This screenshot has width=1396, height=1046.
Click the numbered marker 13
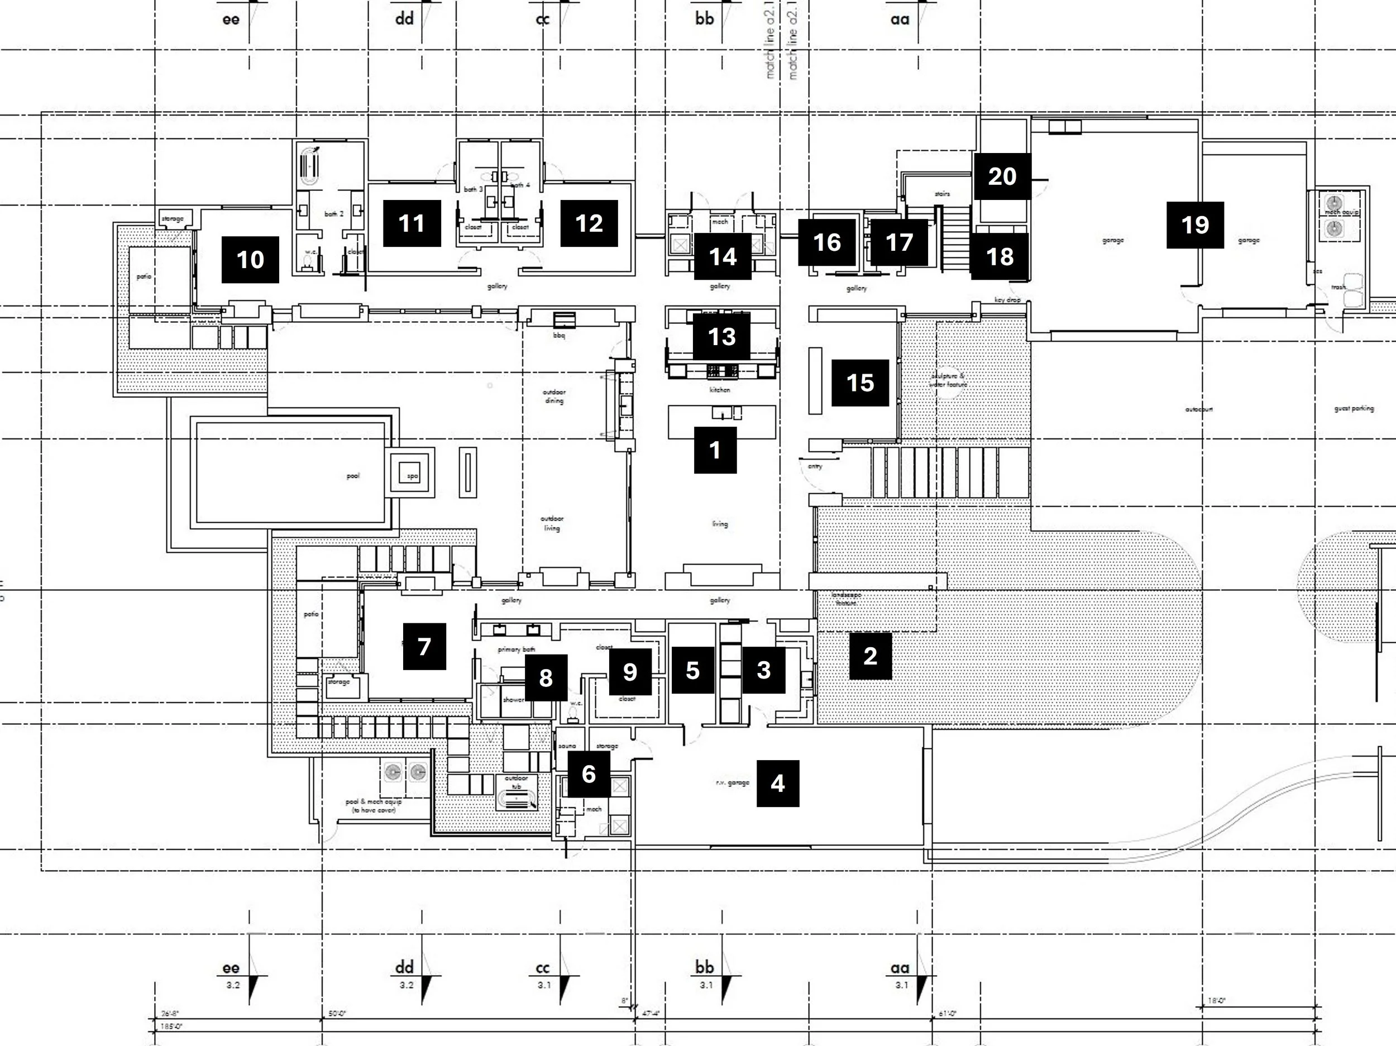click(721, 336)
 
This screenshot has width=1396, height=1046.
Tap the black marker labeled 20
click(1002, 176)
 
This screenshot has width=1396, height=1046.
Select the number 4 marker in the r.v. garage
click(777, 784)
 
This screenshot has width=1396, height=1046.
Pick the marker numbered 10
click(250, 260)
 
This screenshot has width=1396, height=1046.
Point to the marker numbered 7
click(424, 646)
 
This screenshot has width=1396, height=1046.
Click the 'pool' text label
click(353, 476)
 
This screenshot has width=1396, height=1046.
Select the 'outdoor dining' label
click(553, 397)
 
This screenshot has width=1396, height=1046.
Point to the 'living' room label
click(719, 524)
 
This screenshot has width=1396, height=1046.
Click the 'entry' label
click(815, 466)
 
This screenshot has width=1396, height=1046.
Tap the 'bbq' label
click(558, 336)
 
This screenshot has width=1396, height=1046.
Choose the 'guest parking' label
click(1354, 409)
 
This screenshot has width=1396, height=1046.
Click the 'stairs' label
click(941, 194)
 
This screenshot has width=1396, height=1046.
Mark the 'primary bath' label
click(517, 649)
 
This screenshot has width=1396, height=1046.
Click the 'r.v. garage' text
click(732, 783)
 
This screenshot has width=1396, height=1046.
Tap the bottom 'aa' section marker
click(900, 968)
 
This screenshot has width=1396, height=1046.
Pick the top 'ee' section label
click(231, 20)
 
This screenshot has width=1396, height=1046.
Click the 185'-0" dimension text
click(171, 1027)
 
